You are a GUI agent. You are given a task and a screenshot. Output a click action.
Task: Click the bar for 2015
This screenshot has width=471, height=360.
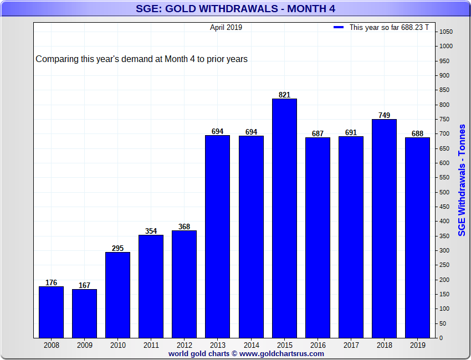(284, 218)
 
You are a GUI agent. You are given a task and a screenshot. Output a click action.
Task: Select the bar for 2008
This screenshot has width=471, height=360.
(51, 312)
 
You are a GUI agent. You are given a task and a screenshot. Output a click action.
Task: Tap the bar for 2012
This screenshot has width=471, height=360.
(184, 284)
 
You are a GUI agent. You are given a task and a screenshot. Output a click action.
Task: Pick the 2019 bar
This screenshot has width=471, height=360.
(418, 238)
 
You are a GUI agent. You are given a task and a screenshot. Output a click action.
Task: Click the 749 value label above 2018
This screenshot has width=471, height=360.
(384, 115)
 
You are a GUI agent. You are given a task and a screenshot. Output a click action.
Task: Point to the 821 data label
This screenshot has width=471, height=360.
(284, 95)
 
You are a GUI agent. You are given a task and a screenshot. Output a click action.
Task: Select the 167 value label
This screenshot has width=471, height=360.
(84, 285)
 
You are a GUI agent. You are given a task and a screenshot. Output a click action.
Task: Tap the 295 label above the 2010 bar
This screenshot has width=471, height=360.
(117, 248)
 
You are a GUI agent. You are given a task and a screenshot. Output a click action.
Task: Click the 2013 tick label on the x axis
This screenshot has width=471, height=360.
(217, 345)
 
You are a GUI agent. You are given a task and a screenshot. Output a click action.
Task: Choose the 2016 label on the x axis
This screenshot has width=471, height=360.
(318, 345)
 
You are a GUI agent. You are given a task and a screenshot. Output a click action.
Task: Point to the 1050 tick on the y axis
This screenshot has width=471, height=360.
(446, 32)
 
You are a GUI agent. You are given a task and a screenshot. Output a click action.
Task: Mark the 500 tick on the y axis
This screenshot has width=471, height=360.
(444, 192)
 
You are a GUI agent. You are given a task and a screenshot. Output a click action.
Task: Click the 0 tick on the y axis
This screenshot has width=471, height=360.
(441, 338)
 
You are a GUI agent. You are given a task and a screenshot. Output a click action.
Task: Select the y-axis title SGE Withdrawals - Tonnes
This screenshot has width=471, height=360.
(462, 180)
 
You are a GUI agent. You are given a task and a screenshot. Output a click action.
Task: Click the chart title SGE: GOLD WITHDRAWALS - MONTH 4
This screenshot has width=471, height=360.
(235, 9)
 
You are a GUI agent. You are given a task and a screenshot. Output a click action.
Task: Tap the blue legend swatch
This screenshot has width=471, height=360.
(339, 27)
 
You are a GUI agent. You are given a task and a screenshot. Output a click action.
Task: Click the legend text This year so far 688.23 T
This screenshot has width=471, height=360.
(389, 27)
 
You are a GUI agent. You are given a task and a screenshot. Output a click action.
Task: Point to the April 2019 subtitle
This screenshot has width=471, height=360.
(226, 27)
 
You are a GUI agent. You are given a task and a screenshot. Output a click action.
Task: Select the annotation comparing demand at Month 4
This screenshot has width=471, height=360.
(141, 59)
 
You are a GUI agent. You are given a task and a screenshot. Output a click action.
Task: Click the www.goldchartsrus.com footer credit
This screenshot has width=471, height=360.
(281, 354)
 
